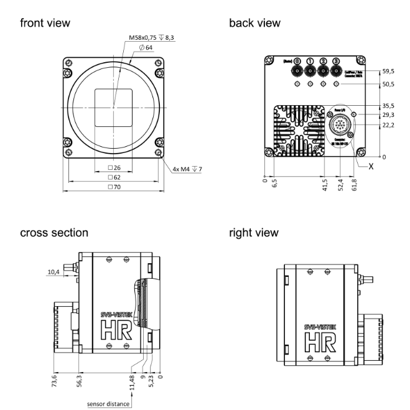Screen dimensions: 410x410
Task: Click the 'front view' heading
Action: [x=45, y=23]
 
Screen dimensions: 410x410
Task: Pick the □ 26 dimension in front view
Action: [x=114, y=168]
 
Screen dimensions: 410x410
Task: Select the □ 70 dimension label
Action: [x=114, y=187]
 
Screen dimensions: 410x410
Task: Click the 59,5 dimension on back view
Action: [x=388, y=72]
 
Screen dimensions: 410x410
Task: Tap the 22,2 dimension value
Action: [x=388, y=126]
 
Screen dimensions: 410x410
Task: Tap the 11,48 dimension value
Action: [x=133, y=378]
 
